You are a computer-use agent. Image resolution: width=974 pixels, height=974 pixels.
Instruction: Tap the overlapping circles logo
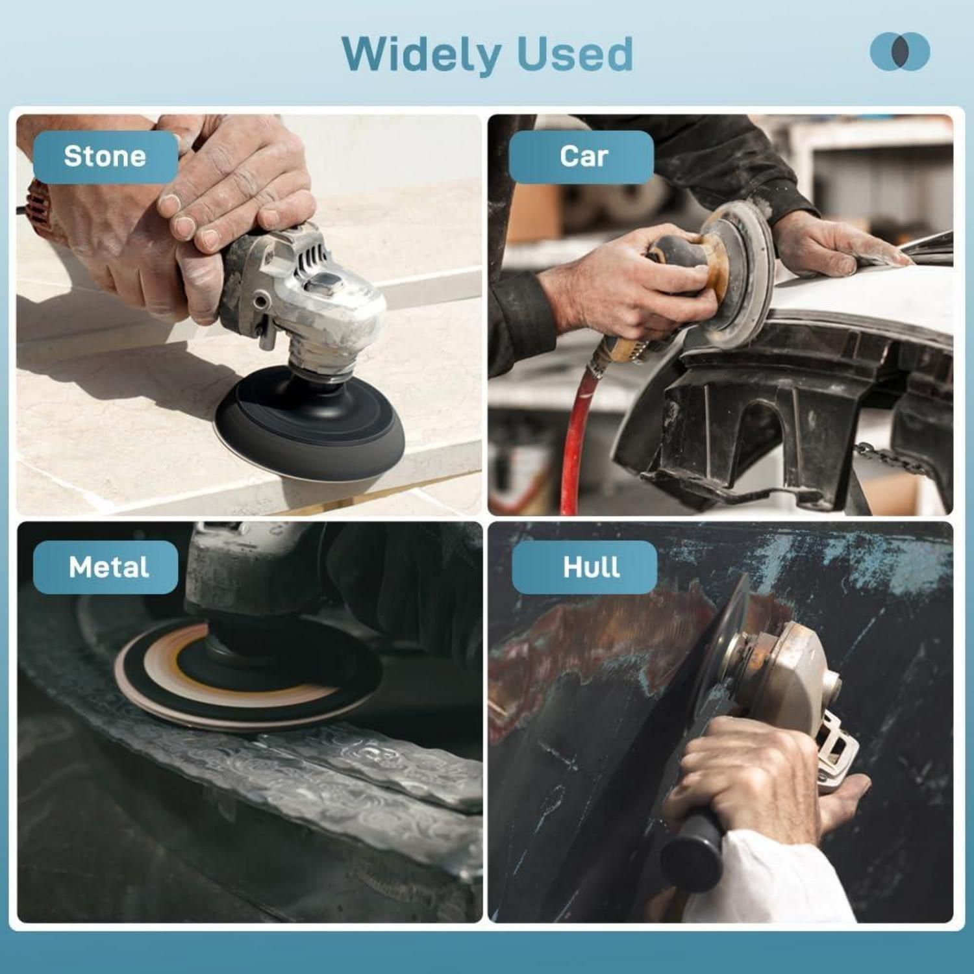[x=900, y=51]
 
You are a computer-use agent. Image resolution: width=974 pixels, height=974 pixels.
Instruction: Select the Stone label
[x=106, y=156]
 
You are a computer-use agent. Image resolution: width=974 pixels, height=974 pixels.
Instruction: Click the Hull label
[x=584, y=567]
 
